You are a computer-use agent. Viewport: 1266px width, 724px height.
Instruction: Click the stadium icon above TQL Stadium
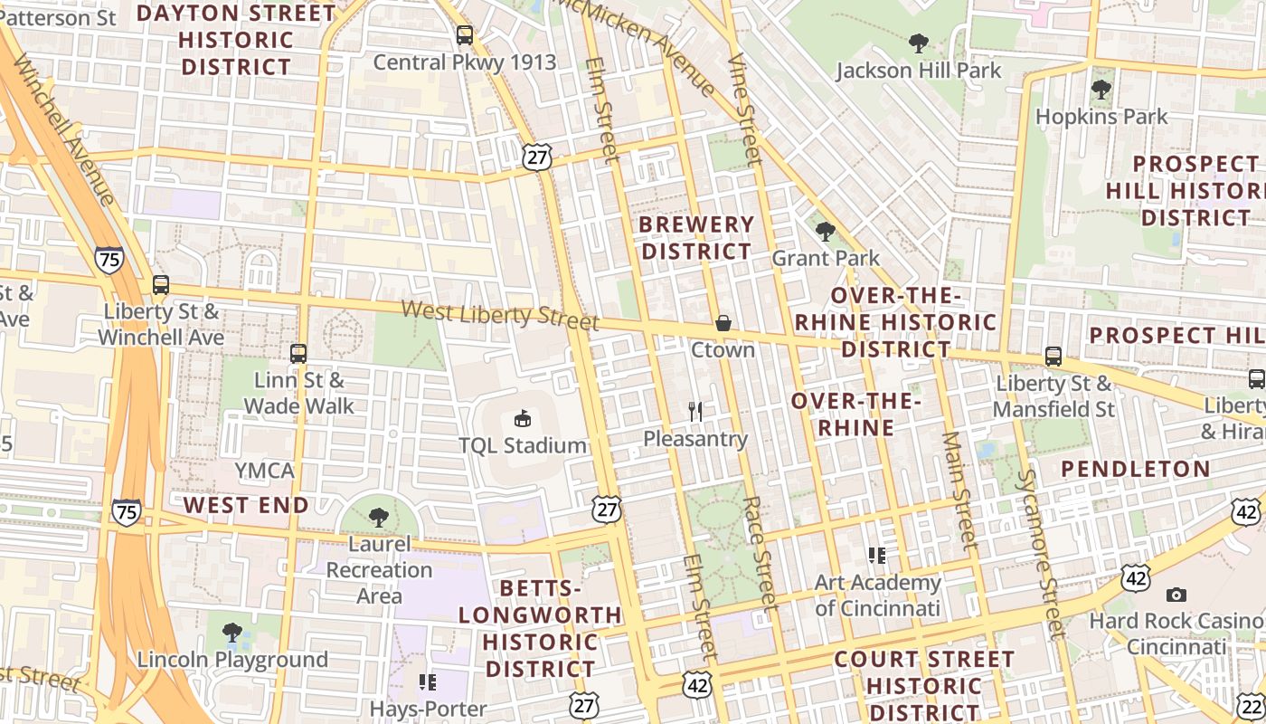(523, 418)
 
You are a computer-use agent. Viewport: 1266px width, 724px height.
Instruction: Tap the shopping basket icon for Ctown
(723, 323)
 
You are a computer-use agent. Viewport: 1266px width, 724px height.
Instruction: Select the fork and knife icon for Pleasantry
(695, 412)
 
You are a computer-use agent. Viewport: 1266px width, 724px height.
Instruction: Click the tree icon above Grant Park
(825, 232)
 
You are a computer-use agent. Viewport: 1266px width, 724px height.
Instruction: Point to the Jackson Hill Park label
(918, 71)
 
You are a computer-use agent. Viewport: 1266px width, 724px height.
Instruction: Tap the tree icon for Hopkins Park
(1101, 90)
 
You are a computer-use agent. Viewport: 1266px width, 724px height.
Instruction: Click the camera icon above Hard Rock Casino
(1176, 595)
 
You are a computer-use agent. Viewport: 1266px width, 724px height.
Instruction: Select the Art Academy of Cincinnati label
(877, 595)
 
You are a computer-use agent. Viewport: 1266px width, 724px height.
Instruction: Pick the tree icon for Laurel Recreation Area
(379, 518)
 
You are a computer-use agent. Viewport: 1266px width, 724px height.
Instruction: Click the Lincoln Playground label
(232, 660)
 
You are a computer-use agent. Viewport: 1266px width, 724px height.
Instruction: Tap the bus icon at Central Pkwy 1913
(465, 36)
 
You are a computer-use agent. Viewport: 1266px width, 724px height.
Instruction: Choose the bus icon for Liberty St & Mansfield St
(1053, 357)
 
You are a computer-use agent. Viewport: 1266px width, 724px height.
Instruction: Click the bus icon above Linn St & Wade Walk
(298, 353)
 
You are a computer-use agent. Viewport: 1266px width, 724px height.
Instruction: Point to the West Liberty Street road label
(500, 316)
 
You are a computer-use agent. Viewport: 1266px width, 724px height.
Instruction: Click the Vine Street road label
(744, 109)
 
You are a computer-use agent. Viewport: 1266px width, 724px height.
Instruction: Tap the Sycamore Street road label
(1042, 554)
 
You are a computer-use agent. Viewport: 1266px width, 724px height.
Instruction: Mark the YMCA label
(265, 471)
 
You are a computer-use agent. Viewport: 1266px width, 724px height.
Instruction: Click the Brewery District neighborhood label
(696, 238)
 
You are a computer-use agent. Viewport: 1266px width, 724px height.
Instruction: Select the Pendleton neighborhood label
(1135, 469)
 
